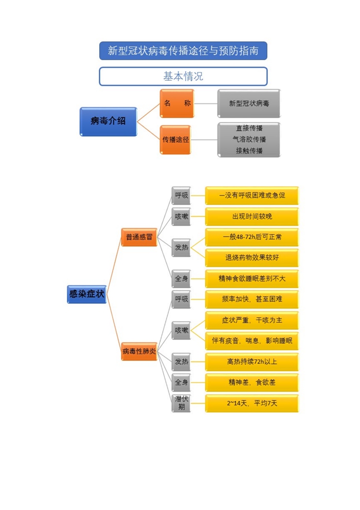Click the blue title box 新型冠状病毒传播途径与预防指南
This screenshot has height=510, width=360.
[183, 51]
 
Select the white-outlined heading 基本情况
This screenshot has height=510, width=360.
[183, 77]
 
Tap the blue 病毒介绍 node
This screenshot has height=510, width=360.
[108, 121]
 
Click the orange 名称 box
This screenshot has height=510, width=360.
[177, 103]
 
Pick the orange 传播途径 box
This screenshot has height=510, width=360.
[175, 139]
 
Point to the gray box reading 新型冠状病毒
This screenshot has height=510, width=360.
[249, 103]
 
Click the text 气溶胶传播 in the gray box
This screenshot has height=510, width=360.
[249, 139]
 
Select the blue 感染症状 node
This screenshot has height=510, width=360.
[87, 294]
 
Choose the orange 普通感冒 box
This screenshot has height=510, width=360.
[139, 237]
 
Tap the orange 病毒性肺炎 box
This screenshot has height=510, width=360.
[139, 351]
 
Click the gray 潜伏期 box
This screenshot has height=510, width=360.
[182, 403]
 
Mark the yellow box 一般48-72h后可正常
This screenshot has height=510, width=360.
[252, 237]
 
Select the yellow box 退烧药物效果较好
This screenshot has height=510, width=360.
[252, 258]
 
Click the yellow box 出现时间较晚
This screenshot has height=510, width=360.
[252, 216]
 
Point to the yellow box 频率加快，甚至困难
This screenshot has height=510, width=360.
[252, 299]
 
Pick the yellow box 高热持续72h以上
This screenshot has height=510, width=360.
[252, 362]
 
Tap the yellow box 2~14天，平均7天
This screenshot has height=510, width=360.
[252, 403]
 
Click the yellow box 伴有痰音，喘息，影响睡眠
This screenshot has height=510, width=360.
[252, 341]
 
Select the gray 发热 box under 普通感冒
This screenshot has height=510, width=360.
[182, 248]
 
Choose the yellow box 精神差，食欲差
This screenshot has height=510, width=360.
[252, 382]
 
